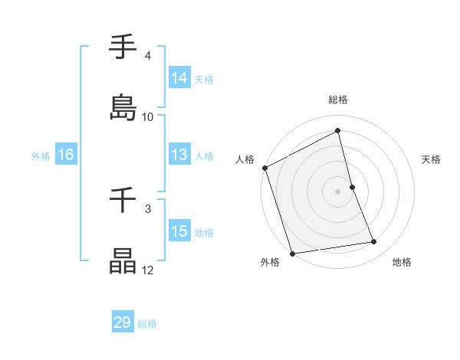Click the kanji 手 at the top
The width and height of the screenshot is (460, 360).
click(123, 47)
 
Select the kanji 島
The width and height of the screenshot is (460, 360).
click(123, 107)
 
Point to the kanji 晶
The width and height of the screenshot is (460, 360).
click(123, 260)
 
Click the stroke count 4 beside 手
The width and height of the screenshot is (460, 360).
click(147, 56)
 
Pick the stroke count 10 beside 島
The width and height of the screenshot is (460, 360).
click(148, 117)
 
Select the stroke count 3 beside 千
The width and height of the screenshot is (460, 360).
click(147, 208)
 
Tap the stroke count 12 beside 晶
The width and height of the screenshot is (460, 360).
click(148, 270)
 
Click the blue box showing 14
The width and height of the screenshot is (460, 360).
click(179, 78)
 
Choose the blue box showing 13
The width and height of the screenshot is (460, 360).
click(179, 155)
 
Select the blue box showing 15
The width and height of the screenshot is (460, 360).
click(179, 231)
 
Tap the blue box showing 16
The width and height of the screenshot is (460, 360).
click(65, 155)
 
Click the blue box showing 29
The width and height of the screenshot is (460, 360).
click(123, 323)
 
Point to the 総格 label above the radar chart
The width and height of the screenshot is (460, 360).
click(338, 100)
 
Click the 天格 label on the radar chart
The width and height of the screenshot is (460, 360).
click(431, 159)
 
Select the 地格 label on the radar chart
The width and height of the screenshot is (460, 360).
click(402, 262)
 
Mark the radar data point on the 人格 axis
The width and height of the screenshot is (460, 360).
click(264, 168)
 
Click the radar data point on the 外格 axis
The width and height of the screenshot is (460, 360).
click(292, 253)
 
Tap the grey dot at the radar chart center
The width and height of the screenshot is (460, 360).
click(338, 191)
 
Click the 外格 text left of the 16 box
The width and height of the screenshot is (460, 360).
click(41, 155)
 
